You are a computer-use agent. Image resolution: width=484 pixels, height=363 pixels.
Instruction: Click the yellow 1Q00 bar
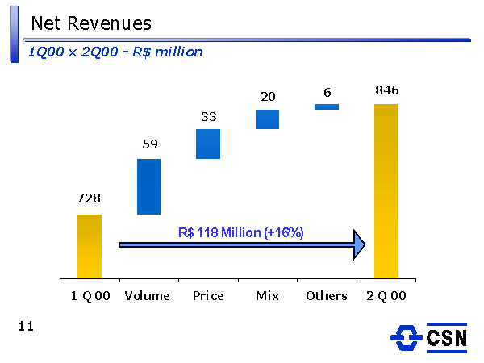[90, 245]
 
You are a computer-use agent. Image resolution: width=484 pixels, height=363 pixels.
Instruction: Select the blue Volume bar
[148, 186]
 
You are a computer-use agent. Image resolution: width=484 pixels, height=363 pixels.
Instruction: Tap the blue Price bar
[207, 144]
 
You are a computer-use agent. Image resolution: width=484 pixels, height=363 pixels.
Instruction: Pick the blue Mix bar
[267, 119]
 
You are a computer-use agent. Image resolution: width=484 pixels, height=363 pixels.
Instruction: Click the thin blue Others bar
[327, 106]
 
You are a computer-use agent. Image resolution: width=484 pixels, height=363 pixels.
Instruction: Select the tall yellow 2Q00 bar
[386, 190]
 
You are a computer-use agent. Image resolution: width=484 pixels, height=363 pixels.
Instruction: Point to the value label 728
[89, 198]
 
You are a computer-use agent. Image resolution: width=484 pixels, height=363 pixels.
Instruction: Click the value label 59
[150, 144]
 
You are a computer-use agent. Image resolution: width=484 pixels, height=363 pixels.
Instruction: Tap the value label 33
[208, 116]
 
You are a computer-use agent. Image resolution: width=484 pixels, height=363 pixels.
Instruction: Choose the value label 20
[268, 97]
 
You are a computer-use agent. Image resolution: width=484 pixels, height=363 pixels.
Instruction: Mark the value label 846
[386, 90]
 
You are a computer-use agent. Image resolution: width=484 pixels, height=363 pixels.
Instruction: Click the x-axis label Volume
[148, 296]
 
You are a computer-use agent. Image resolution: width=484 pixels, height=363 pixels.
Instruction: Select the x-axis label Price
[208, 296]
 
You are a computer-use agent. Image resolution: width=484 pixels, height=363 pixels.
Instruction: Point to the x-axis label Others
[327, 296]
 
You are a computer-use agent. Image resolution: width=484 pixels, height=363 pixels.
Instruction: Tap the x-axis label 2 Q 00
[386, 296]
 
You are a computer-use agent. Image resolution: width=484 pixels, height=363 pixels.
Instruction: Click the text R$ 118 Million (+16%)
[240, 232]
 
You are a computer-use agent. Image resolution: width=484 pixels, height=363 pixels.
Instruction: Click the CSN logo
[428, 338]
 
